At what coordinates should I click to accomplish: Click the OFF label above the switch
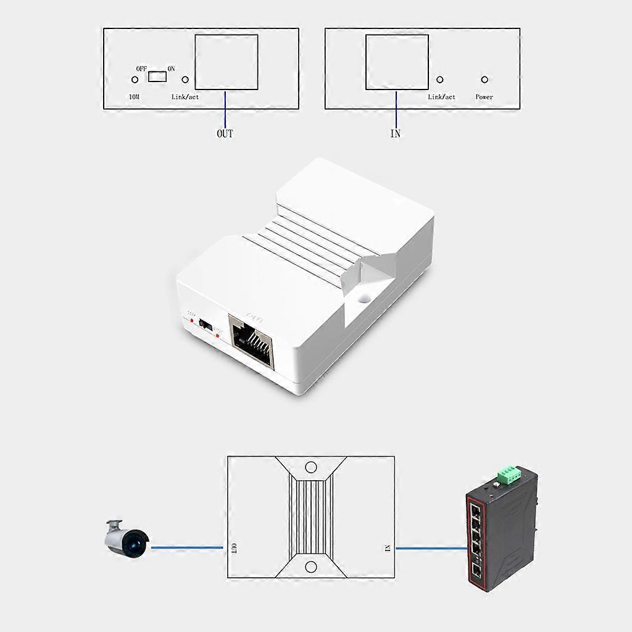coord(141,69)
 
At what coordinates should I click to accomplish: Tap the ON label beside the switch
coord(172,69)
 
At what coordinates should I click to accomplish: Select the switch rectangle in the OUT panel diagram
coord(158,76)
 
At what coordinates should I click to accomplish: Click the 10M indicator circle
coord(135,80)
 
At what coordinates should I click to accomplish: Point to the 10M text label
coord(133,97)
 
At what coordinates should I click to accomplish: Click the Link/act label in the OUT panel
coord(185,97)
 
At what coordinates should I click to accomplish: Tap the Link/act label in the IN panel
coord(442,97)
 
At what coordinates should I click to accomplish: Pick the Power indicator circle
coord(484,80)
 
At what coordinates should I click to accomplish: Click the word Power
coord(484,97)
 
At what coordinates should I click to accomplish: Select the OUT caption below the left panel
coord(225,133)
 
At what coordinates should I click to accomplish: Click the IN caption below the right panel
coord(396,133)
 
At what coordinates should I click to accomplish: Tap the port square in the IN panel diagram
coord(397,62)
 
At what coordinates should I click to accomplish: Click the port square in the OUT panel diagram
coord(227,62)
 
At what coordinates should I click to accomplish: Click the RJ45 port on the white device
coord(252,341)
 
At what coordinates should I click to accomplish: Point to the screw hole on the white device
coord(364,298)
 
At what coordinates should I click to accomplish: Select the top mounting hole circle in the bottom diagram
coord(311,467)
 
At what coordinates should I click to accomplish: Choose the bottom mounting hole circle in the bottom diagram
coord(311,567)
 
